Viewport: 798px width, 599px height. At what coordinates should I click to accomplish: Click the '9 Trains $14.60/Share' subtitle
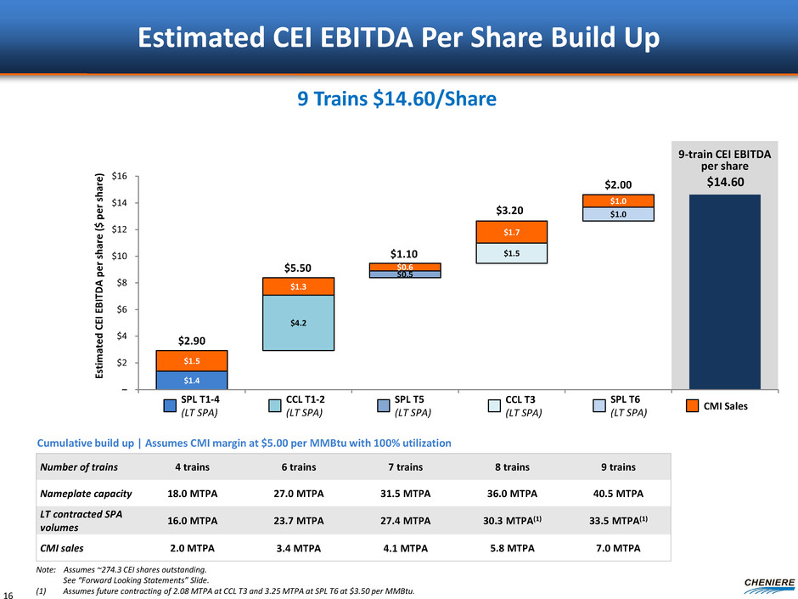click(x=399, y=100)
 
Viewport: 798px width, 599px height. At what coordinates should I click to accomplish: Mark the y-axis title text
click(x=102, y=281)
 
